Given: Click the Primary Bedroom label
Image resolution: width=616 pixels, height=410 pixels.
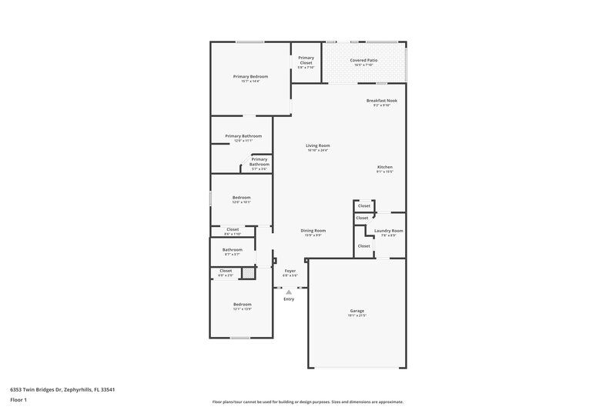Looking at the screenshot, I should point(250,76).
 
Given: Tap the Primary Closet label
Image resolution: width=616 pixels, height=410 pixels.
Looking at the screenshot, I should point(306,60).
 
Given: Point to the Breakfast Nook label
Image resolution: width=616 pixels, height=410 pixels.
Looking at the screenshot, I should point(381,100).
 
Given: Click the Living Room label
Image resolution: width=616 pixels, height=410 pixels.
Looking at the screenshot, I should point(317,145).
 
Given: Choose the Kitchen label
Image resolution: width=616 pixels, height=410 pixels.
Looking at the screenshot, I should point(385,167).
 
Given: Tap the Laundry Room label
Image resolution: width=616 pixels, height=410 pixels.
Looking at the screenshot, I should point(389,231).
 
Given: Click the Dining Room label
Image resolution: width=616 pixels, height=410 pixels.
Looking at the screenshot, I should point(313,231).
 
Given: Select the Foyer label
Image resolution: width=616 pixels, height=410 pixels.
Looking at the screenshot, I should point(290,271).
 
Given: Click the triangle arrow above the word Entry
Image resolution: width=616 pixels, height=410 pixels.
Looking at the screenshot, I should point(289,292).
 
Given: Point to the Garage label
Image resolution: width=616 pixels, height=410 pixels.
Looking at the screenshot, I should point(357,311).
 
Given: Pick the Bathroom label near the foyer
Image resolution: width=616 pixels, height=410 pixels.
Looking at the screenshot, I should point(233,250).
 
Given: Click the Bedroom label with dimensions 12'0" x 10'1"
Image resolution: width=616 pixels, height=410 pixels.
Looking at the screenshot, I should point(242,198).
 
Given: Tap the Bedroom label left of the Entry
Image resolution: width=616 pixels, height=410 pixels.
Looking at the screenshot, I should point(242,305).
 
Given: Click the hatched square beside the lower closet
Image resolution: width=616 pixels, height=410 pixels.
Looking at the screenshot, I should point(248,272).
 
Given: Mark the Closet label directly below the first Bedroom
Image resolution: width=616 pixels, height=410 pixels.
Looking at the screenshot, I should point(232,229).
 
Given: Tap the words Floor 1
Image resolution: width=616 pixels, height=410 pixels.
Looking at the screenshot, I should point(19,401).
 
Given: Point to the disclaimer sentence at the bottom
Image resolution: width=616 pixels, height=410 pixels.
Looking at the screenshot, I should point(308,402).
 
